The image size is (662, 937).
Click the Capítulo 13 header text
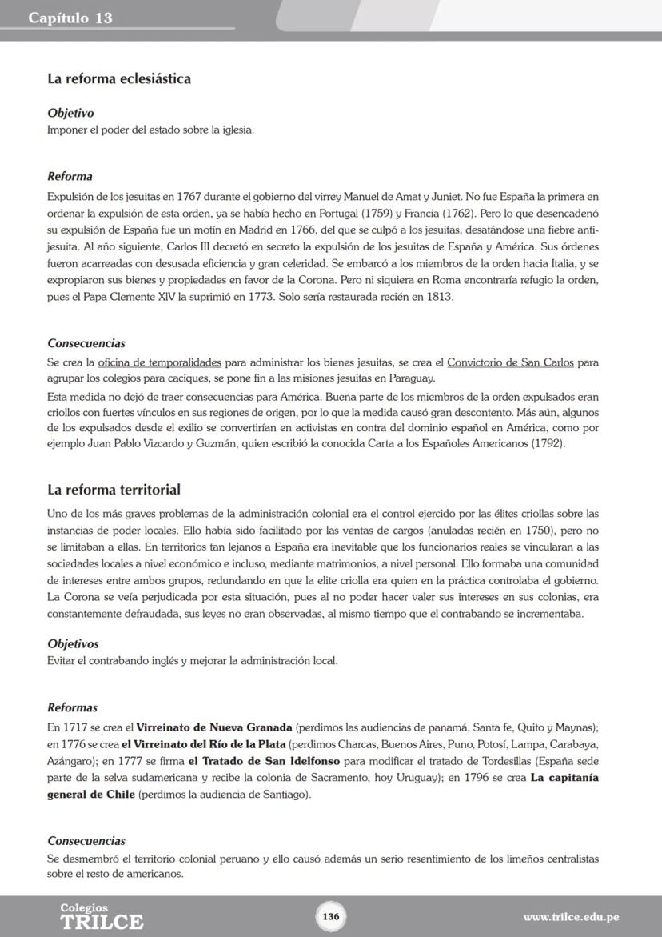pyautogui.click(x=70, y=18)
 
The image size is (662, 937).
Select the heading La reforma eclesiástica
pyautogui.click(x=118, y=79)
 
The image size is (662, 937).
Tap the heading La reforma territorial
pyautogui.click(x=114, y=490)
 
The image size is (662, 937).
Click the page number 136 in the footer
pyautogui.click(x=331, y=915)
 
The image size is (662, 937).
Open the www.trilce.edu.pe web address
pyautogui.click(x=571, y=917)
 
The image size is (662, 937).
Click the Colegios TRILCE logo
pyautogui.click(x=102, y=917)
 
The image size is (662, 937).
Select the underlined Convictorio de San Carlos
pyautogui.click(x=510, y=362)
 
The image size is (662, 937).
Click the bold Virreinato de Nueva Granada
pyautogui.click(x=213, y=727)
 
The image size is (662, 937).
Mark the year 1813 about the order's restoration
pyautogui.click(x=437, y=297)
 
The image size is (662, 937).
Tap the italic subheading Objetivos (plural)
pyautogui.click(x=73, y=644)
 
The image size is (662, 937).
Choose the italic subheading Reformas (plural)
pyautogui.click(x=72, y=708)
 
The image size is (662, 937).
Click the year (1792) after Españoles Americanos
pyautogui.click(x=548, y=443)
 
